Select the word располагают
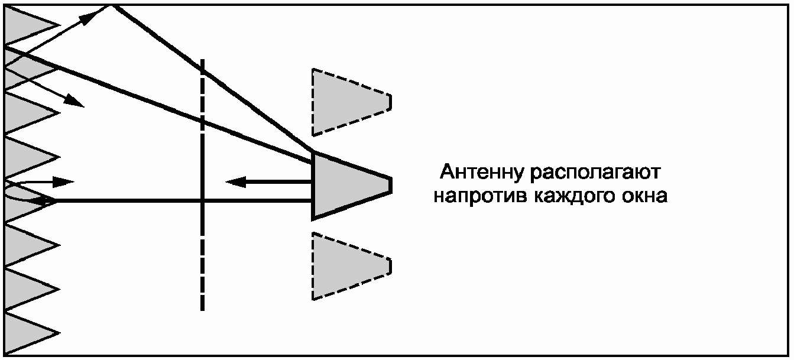(598, 174)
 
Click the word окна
(645, 196)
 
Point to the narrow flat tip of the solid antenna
(390, 184)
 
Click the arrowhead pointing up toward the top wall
(89, 18)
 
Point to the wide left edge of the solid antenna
(313, 184)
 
